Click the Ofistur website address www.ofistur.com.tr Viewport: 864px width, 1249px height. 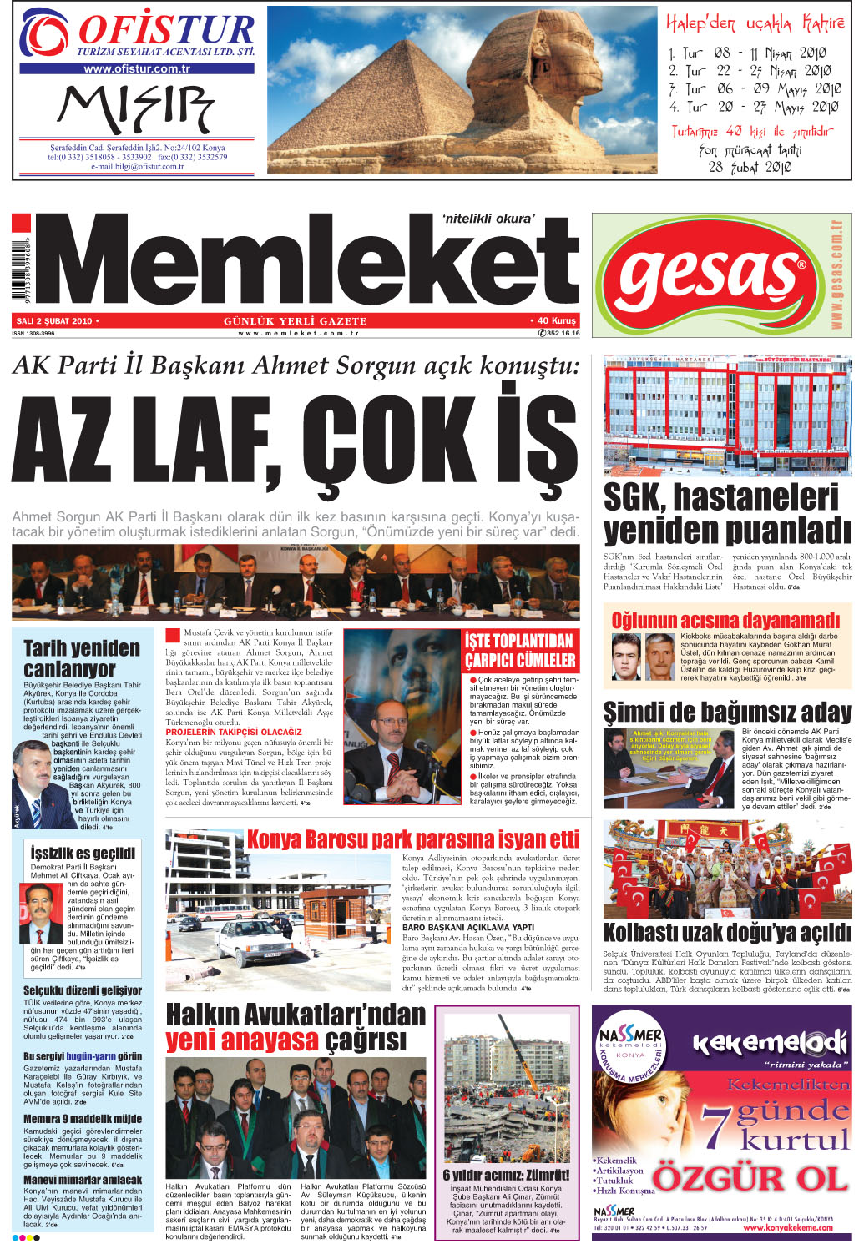(x=137, y=69)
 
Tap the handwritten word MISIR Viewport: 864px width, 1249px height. (x=135, y=108)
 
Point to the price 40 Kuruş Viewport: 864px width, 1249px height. (x=553, y=320)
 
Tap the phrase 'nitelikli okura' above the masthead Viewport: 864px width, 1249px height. (x=488, y=219)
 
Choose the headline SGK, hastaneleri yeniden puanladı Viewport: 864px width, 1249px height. (x=726, y=513)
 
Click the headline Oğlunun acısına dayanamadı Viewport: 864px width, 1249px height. (x=725, y=620)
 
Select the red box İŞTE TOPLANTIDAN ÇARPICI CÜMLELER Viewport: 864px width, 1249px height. (x=520, y=651)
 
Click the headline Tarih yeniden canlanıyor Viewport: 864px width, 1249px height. (x=82, y=658)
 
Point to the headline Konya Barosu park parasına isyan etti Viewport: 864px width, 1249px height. (x=412, y=839)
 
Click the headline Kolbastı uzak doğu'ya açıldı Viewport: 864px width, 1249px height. (x=727, y=932)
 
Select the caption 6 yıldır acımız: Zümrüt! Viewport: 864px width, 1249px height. (x=506, y=1175)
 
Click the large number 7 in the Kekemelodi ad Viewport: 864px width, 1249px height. (x=715, y=1126)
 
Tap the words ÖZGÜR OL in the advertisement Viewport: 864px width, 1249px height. (x=750, y=1179)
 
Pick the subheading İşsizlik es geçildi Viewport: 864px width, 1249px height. (x=83, y=853)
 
